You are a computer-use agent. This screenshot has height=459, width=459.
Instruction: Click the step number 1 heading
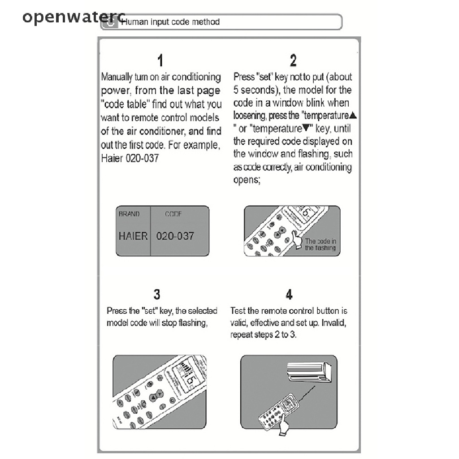[x=160, y=61]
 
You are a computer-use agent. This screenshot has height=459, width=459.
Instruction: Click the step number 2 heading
[x=293, y=61]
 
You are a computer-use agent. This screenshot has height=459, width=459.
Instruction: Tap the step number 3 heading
[x=157, y=294]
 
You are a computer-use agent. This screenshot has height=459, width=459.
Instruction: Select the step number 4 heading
[x=289, y=294]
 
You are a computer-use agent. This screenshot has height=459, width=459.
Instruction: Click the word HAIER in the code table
[x=133, y=236]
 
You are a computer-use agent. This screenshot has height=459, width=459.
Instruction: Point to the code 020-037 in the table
[x=175, y=236]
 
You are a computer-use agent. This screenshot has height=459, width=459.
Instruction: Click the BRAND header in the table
[x=129, y=214]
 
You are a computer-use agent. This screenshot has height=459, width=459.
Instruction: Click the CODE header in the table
[x=173, y=214]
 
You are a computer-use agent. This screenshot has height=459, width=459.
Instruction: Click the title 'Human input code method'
[x=171, y=22]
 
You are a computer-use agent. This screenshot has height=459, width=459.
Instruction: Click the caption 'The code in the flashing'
[x=320, y=245]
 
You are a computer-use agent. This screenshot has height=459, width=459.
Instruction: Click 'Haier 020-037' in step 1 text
[x=130, y=159]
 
